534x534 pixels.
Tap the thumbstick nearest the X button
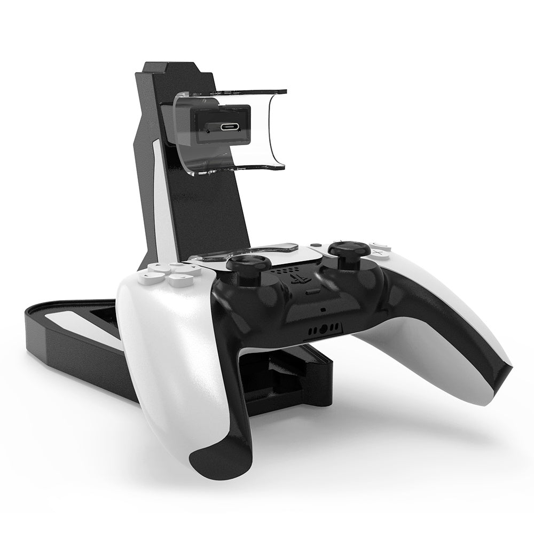point(344,249)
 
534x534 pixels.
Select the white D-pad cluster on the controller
point(166,273)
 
